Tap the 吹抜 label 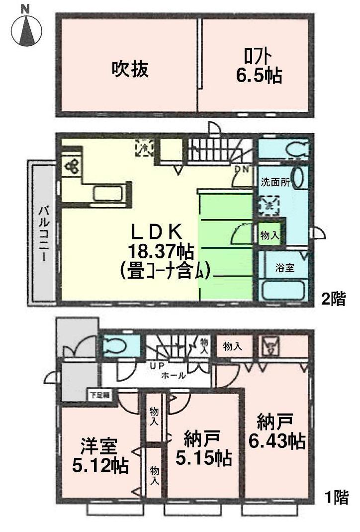tap(129, 69)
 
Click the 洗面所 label tap(274, 182)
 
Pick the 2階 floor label tap(332, 300)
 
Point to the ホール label tap(173, 376)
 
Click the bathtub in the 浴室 tap(282, 289)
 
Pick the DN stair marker tap(242, 169)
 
